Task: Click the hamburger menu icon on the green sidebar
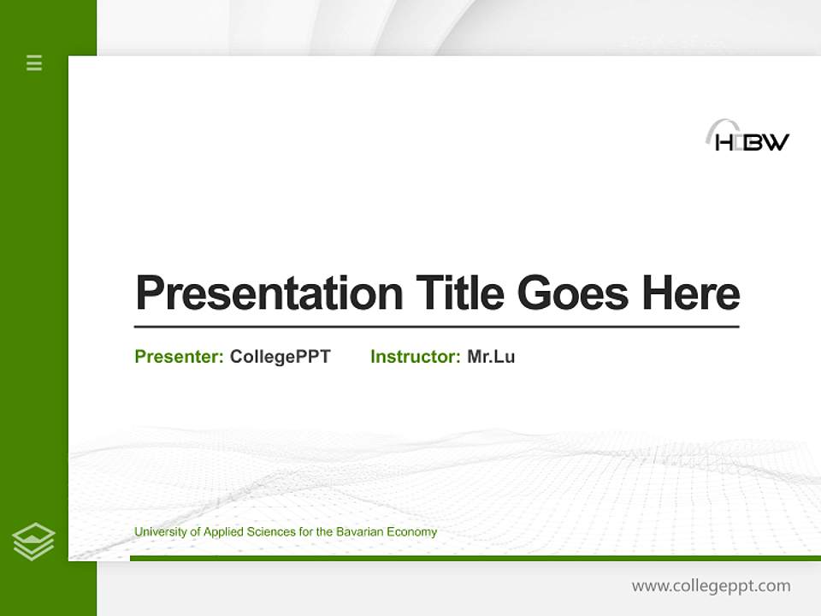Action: [x=34, y=62]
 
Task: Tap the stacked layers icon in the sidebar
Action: [x=33, y=542]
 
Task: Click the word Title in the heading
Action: [x=460, y=293]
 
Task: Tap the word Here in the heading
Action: [x=691, y=293]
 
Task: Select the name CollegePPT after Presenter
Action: [x=280, y=357]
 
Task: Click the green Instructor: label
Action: [x=416, y=357]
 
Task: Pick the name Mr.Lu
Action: [x=491, y=357]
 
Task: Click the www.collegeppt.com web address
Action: [x=711, y=586]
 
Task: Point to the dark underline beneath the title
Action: [x=436, y=327]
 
